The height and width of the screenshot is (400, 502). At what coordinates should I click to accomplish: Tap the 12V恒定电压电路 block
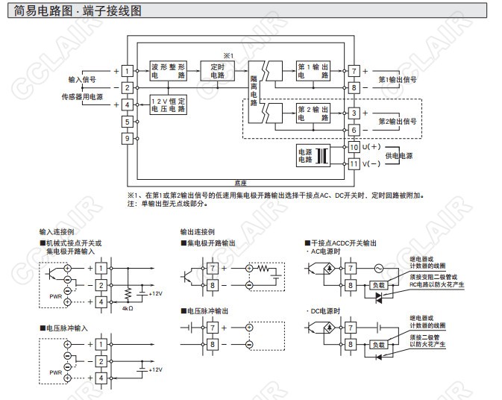click(x=168, y=105)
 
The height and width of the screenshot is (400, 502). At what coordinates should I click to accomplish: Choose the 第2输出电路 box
click(x=313, y=113)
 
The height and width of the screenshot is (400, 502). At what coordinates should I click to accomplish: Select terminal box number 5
click(x=128, y=121)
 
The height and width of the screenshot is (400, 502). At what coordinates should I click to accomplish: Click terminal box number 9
click(x=128, y=138)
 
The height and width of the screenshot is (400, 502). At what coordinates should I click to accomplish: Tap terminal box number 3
click(x=354, y=113)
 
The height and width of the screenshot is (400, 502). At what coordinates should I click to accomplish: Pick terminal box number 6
click(x=354, y=130)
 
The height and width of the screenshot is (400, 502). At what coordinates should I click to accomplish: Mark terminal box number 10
click(x=354, y=147)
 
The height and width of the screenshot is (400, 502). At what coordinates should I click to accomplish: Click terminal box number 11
click(x=354, y=164)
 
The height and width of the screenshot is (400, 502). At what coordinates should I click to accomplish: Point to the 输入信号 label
click(x=83, y=79)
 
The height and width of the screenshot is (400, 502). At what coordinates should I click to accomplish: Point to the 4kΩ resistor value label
click(x=127, y=307)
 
